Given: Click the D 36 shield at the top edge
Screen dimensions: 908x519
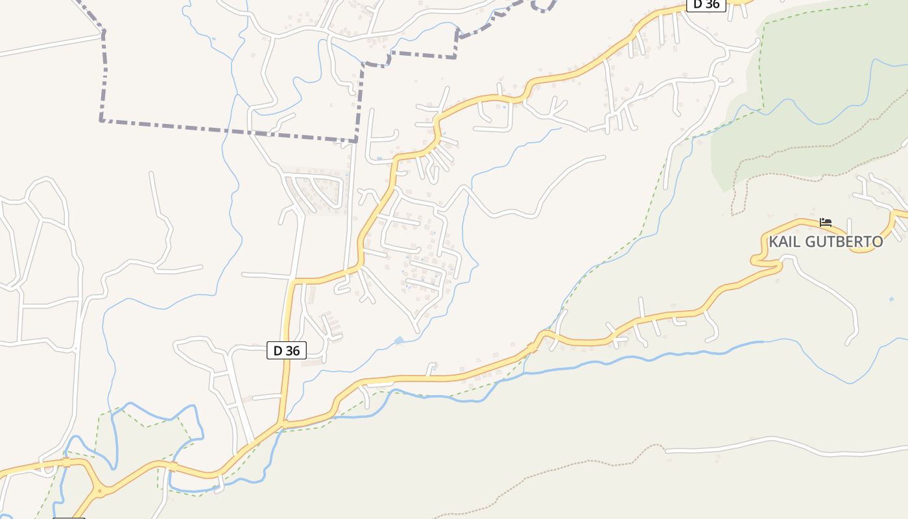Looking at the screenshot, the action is pos(706,4).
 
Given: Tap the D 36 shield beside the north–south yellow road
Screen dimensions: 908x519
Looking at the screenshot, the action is pos(286,350).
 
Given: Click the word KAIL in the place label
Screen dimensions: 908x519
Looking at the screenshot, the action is pos(783,242).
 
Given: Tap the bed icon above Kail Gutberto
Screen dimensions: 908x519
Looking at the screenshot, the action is pos(825,222).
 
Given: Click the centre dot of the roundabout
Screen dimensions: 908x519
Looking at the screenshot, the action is pos(99,492).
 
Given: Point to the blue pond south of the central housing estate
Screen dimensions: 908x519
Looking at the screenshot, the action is pos(398,340).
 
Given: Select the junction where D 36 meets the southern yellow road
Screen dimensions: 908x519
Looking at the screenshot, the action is pos(281,425).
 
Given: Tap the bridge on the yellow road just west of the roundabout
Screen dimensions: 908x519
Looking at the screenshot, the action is pos(66,463).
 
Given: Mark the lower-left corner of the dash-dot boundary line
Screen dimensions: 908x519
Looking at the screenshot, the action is pos(101,120).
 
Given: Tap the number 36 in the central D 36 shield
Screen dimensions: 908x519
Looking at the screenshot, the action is pos(293,350).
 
